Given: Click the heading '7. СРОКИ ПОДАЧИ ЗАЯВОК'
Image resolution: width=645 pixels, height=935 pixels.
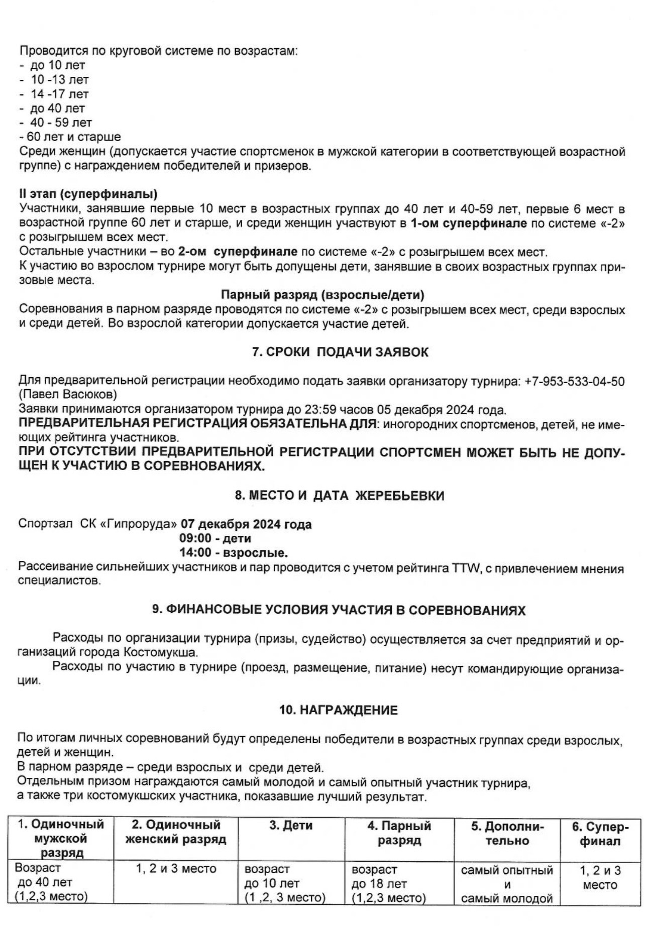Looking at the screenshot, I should [340, 352].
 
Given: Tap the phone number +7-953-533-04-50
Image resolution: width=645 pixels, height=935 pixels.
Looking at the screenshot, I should [574, 381].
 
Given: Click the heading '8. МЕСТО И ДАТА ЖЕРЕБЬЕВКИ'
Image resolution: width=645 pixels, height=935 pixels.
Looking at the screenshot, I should [340, 496].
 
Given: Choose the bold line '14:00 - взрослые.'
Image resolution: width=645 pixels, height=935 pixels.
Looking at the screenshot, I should [234, 553].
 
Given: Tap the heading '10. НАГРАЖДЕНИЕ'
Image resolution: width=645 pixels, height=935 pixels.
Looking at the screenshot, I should [339, 710].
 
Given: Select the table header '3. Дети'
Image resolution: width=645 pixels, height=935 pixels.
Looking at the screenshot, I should [291, 826].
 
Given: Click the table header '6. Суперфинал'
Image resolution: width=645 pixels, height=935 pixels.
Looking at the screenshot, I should [600, 834].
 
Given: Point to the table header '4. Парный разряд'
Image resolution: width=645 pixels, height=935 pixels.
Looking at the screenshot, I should [399, 833].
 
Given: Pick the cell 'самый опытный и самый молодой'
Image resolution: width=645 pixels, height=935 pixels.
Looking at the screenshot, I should [507, 884].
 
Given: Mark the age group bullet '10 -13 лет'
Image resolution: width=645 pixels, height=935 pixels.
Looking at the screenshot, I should [60, 79].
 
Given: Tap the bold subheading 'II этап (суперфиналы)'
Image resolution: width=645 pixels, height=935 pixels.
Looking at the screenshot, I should [88, 194].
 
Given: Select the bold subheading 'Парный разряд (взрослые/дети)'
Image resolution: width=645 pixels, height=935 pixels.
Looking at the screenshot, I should [322, 295].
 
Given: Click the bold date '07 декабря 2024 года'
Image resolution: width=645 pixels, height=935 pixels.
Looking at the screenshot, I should [246, 524].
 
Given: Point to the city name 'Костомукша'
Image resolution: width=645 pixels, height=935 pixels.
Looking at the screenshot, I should [161, 653].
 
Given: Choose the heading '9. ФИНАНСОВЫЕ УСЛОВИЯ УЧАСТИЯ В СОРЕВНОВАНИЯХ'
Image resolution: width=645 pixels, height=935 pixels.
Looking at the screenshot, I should [339, 610].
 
